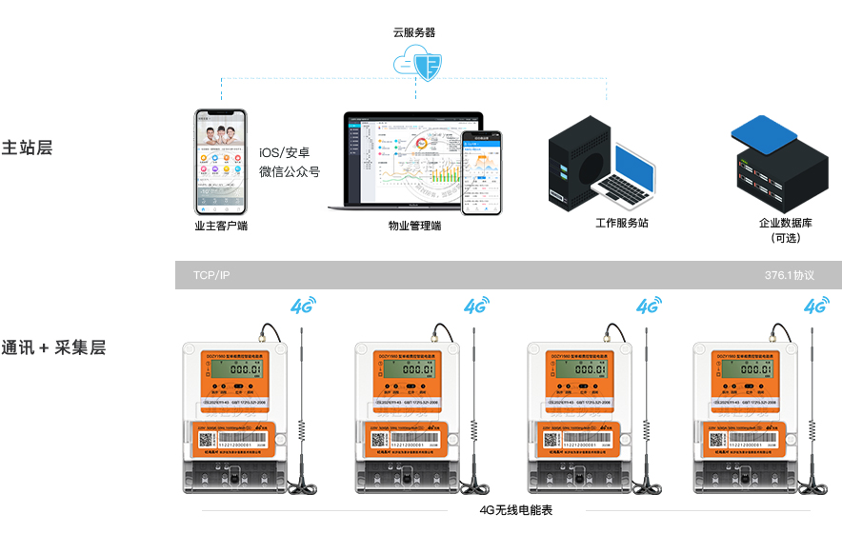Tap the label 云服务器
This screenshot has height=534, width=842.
click(x=414, y=31)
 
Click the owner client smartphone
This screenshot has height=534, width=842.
click(x=220, y=161)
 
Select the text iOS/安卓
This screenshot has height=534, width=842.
click(x=284, y=152)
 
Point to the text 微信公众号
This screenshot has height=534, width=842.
click(x=290, y=172)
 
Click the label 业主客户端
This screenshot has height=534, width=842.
click(x=221, y=227)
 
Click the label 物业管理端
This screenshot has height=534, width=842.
click(x=415, y=227)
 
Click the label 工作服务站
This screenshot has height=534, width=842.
click(x=622, y=223)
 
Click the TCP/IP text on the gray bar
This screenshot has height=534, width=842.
click(x=211, y=275)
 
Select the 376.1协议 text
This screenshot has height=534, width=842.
click(x=790, y=275)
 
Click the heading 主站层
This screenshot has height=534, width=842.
click(x=27, y=148)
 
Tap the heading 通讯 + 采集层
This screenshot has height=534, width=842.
click(x=53, y=347)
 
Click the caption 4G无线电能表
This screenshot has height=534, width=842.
click(x=515, y=510)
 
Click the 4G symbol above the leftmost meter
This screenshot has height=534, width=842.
click(x=302, y=307)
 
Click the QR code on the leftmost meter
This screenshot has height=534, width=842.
click(x=208, y=441)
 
